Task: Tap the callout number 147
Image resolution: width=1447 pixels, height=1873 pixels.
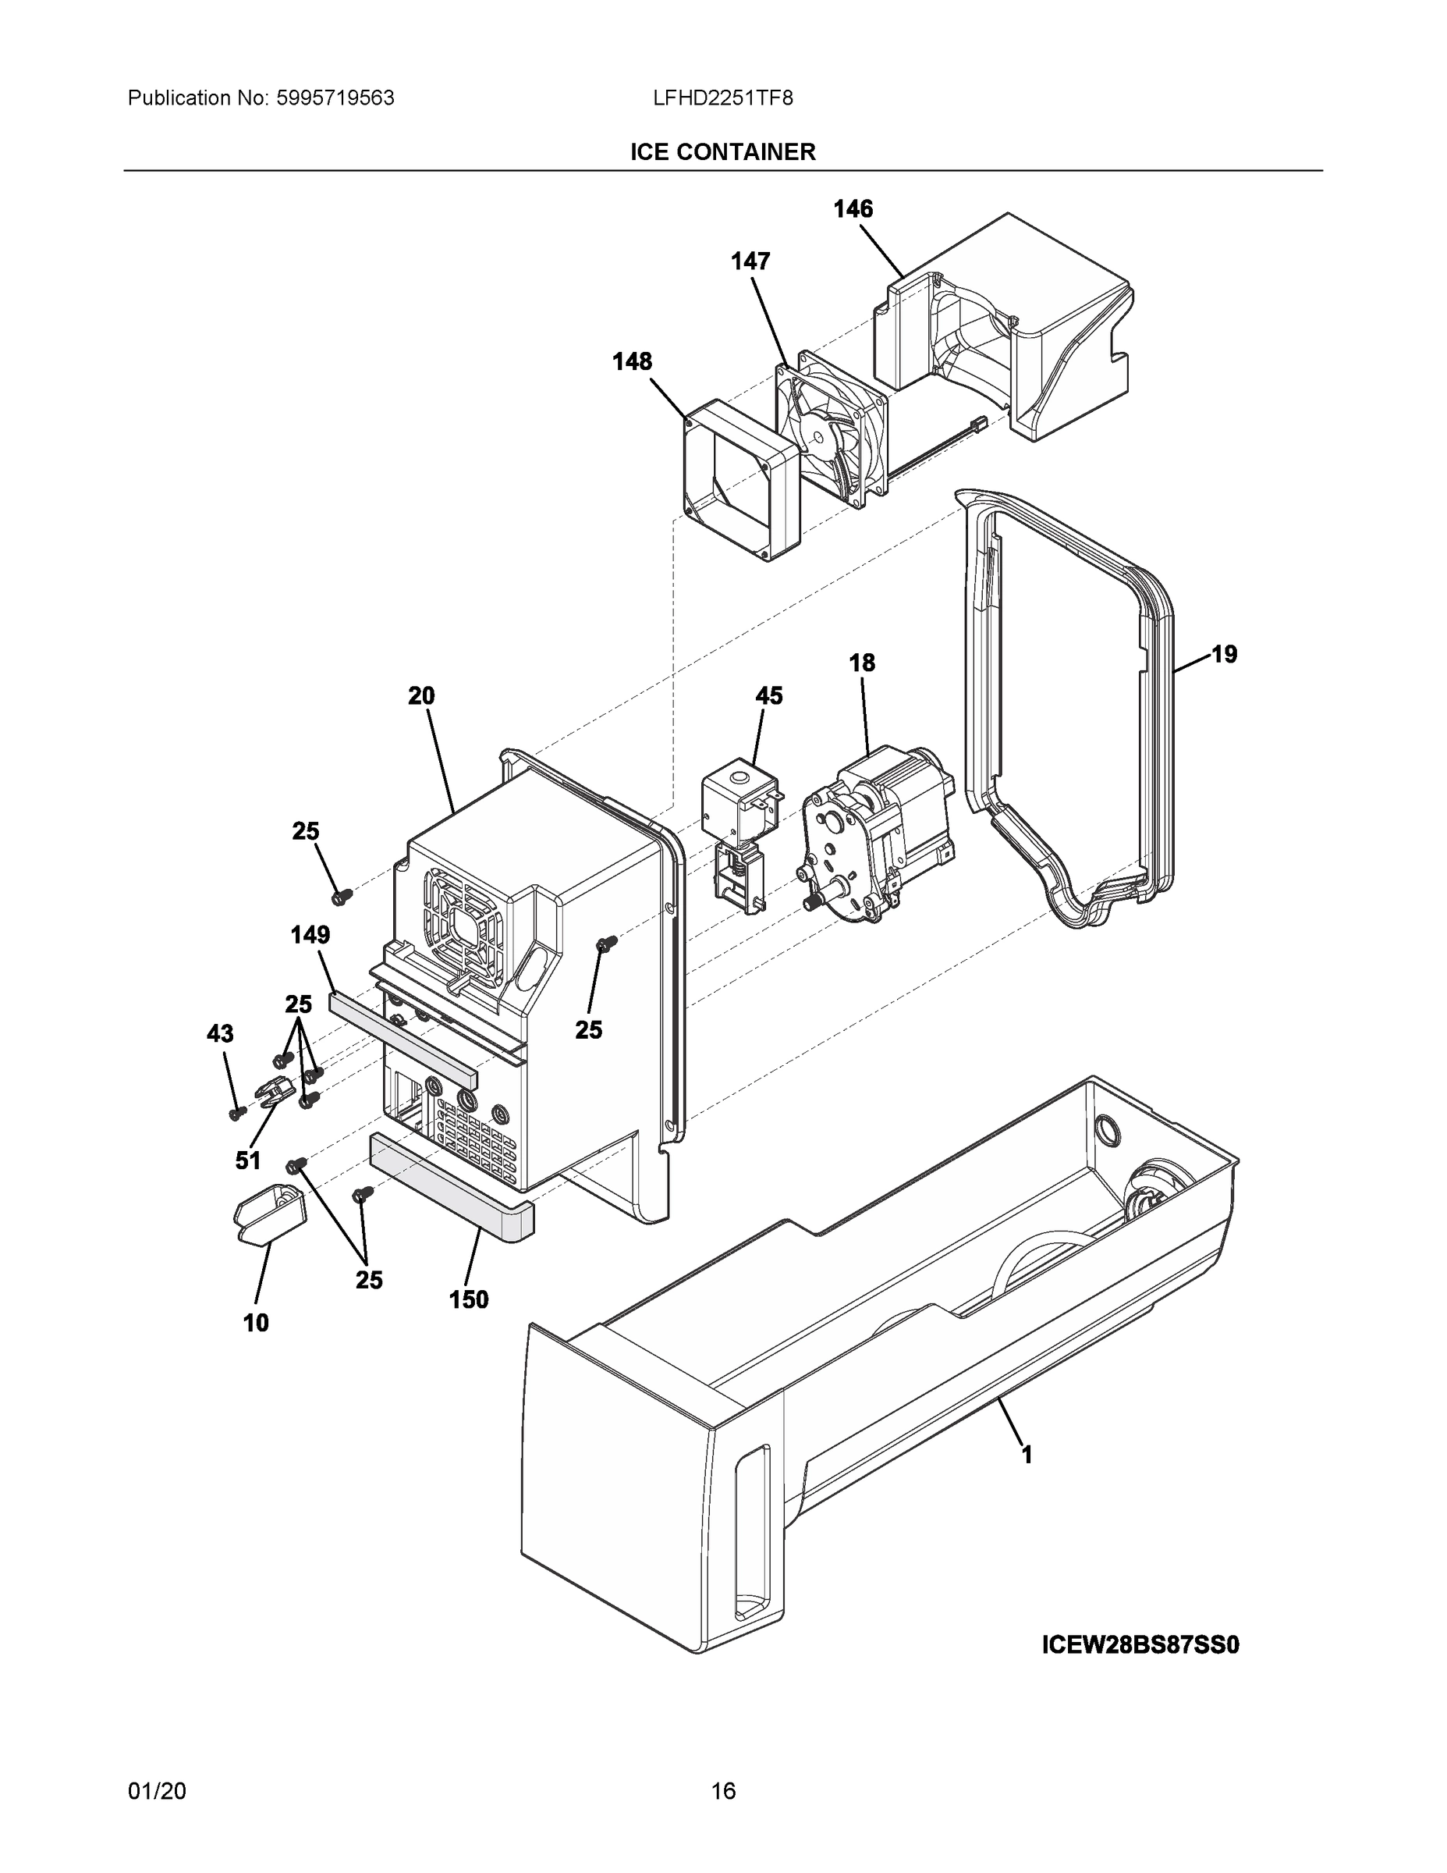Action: pyautogui.click(x=750, y=261)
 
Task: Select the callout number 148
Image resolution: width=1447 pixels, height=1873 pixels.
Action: pyautogui.click(x=632, y=362)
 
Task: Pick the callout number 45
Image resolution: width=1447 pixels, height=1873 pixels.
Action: pyautogui.click(x=769, y=695)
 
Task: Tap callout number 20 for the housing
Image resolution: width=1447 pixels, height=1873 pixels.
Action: pyautogui.click(x=421, y=695)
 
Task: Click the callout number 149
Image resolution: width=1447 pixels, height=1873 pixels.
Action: pyautogui.click(x=310, y=935)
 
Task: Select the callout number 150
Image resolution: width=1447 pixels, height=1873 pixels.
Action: pyautogui.click(x=469, y=1300)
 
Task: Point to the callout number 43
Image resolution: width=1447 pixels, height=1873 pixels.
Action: pyautogui.click(x=219, y=1034)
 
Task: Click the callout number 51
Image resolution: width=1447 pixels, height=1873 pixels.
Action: pyautogui.click(x=248, y=1161)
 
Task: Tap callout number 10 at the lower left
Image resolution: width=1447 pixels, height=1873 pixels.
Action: pyautogui.click(x=255, y=1324)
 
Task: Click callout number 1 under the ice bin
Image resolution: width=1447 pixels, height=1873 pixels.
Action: pyautogui.click(x=1026, y=1455)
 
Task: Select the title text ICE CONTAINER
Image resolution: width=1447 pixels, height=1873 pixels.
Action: pyautogui.click(x=722, y=152)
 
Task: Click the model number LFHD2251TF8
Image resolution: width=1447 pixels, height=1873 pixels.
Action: pyautogui.click(x=722, y=98)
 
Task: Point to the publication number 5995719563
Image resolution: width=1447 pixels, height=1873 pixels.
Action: pyautogui.click(x=335, y=98)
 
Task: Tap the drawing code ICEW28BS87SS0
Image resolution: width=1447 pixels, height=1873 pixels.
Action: pyautogui.click(x=1140, y=1645)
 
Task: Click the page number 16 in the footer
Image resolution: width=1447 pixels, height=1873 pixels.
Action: pyautogui.click(x=722, y=1791)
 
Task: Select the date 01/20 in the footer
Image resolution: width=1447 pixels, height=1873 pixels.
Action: pyautogui.click(x=157, y=1791)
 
